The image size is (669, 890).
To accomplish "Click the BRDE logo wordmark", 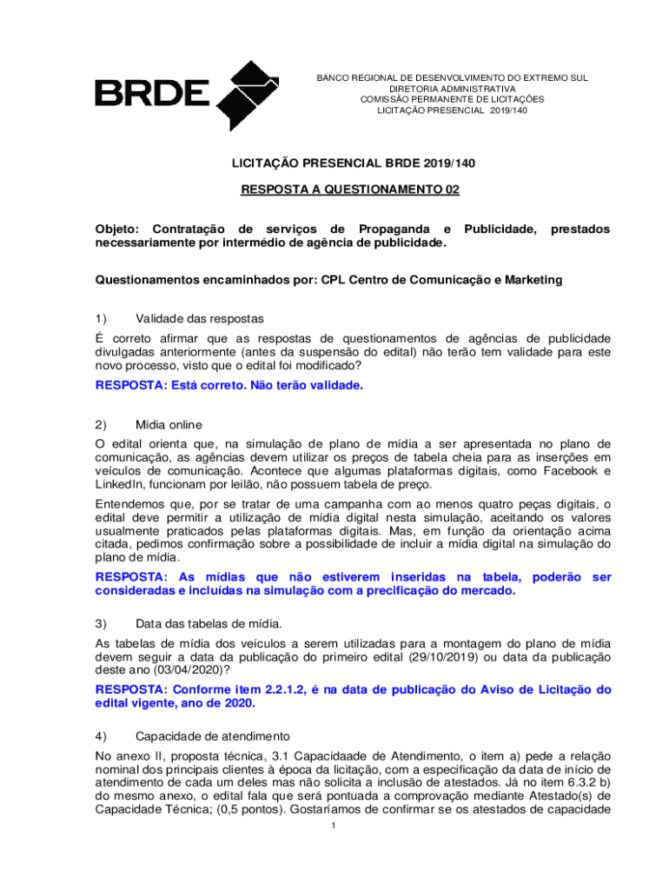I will pyautogui.click(x=152, y=93).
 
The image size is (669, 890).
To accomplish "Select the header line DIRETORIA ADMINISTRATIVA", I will pyautogui.click(x=452, y=89).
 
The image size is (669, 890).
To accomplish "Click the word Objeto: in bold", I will pyautogui.click(x=121, y=229).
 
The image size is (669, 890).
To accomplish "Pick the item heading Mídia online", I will pyautogui.click(x=169, y=425).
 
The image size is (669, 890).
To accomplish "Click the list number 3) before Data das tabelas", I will pyautogui.click(x=101, y=623).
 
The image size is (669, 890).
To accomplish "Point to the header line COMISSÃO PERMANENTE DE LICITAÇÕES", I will pyautogui.click(x=452, y=99).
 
